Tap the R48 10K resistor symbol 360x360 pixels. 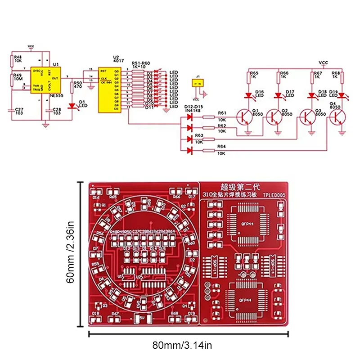[11, 60]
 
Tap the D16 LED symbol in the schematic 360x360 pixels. [248, 95]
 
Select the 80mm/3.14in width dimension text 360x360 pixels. [188, 346]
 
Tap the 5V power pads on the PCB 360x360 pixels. [141, 318]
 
